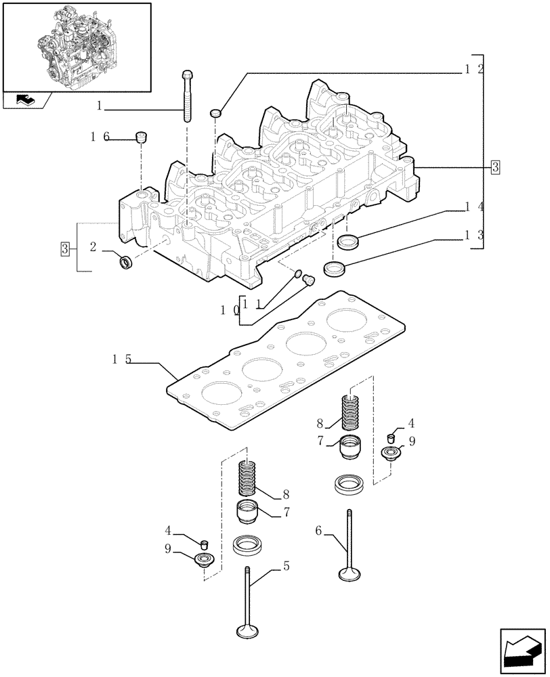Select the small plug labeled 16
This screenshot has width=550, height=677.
(x=142, y=137)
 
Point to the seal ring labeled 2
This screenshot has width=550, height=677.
(x=125, y=261)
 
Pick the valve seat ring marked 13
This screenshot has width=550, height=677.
(x=335, y=268)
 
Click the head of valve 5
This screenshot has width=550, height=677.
(x=248, y=631)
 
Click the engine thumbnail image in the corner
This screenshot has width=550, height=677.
(x=77, y=46)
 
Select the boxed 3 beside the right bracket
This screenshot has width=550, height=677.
(x=495, y=167)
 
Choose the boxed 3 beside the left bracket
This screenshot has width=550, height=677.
(x=65, y=248)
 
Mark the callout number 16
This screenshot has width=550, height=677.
(x=100, y=137)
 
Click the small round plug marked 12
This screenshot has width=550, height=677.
(x=216, y=112)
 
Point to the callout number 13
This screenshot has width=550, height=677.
(x=474, y=234)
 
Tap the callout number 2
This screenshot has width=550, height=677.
(x=93, y=247)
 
